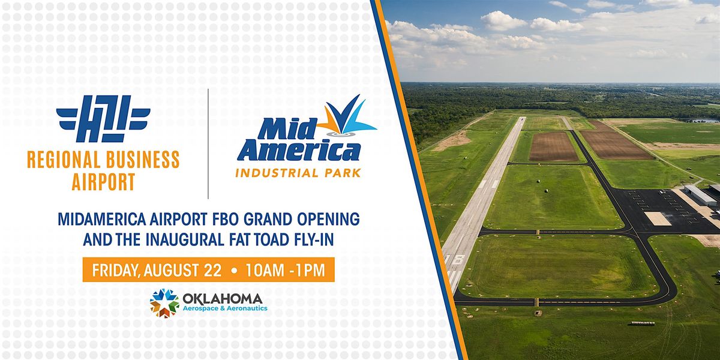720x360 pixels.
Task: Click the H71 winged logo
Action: [x=103, y=119]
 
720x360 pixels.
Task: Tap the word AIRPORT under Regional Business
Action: [x=103, y=182]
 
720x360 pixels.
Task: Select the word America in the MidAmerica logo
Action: [x=299, y=150]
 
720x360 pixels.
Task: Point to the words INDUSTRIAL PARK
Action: [x=298, y=173]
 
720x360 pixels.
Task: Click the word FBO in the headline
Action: [x=224, y=219]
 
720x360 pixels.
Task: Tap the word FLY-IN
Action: [x=314, y=239]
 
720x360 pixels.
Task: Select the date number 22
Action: [x=212, y=270]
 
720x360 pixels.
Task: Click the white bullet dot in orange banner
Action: [x=234, y=271]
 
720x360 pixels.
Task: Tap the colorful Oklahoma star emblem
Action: [x=164, y=303]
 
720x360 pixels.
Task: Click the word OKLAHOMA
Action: [x=223, y=299]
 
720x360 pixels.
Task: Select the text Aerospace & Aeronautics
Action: [x=225, y=308]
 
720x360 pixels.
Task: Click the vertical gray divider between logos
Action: [x=208, y=143]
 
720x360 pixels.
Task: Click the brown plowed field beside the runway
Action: [x=553, y=146]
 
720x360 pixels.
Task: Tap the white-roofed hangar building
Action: [x=700, y=195]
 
